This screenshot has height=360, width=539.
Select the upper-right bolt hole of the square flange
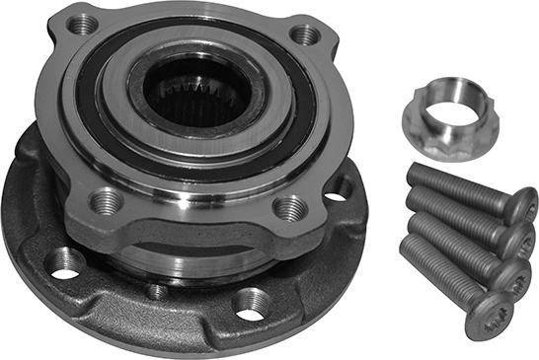pos(306,36)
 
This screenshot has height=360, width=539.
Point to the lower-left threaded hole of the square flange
pos(106,201)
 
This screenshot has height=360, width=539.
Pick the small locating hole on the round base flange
pos(156,291)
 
